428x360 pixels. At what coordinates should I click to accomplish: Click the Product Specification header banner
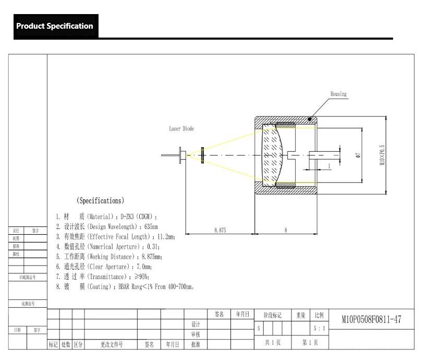click(x=55, y=26)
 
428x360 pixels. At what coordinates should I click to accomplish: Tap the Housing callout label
click(x=338, y=94)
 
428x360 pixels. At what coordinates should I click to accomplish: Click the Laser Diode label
click(x=181, y=129)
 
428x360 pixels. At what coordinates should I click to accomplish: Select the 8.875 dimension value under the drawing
click(x=220, y=230)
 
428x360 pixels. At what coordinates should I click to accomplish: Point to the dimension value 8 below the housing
click(x=285, y=230)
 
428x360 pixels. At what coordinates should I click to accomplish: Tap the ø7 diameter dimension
click(x=358, y=155)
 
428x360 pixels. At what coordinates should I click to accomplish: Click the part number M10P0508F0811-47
click(x=371, y=319)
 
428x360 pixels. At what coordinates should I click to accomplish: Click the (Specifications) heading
click(x=100, y=200)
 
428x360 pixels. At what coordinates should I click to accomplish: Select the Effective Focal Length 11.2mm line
click(x=115, y=236)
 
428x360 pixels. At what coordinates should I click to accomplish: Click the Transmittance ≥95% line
click(x=102, y=277)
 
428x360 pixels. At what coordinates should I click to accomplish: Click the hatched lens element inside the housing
click(x=273, y=155)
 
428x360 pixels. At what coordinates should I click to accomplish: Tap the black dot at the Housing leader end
click(x=310, y=119)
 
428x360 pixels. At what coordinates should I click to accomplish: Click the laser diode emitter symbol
click(x=202, y=155)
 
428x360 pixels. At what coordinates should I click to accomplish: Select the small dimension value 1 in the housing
click(x=329, y=166)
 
